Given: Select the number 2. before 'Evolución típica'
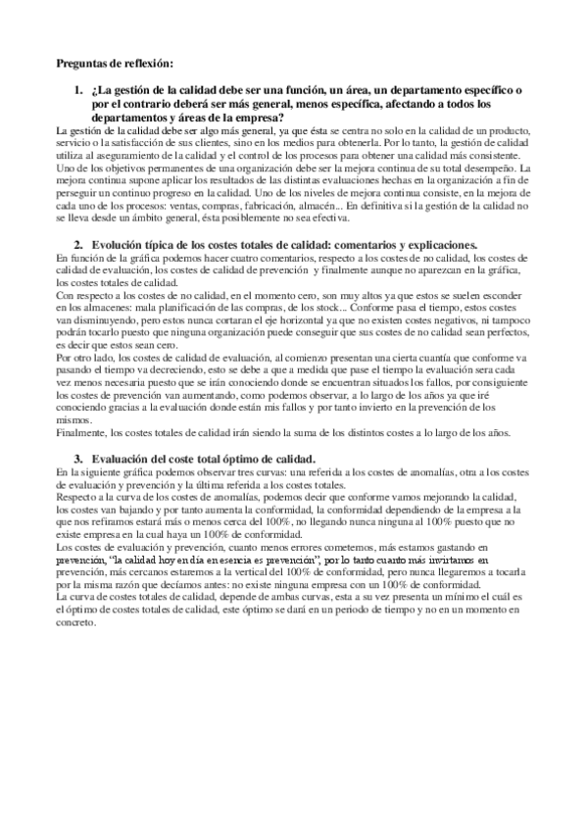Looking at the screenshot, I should click(78, 243).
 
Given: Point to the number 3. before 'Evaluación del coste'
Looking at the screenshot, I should click(78, 458).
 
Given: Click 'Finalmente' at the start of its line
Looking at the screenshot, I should click(82, 431).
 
